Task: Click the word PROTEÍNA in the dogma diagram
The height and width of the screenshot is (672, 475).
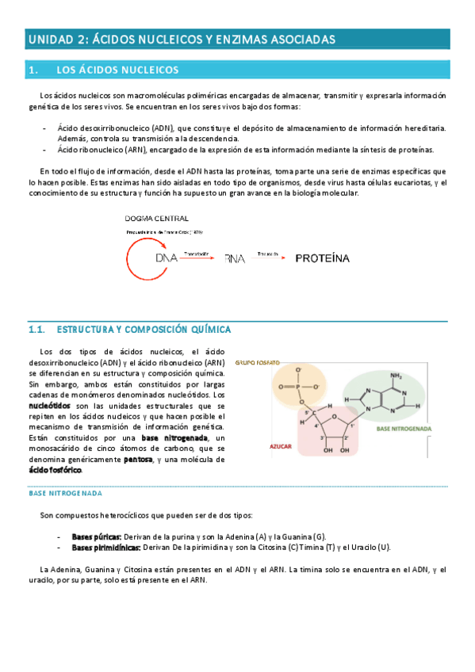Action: [323, 258]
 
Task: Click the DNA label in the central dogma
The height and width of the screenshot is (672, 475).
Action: [167, 258]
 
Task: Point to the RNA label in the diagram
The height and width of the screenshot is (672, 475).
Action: [236, 258]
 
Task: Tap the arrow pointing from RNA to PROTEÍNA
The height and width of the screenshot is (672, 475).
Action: [270, 258]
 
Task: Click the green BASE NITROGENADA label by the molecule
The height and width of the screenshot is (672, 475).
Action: [404, 428]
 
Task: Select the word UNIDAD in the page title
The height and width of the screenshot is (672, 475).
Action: [51, 39]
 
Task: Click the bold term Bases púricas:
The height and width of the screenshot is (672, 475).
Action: [97, 536]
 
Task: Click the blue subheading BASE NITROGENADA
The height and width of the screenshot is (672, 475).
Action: [64, 492]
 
